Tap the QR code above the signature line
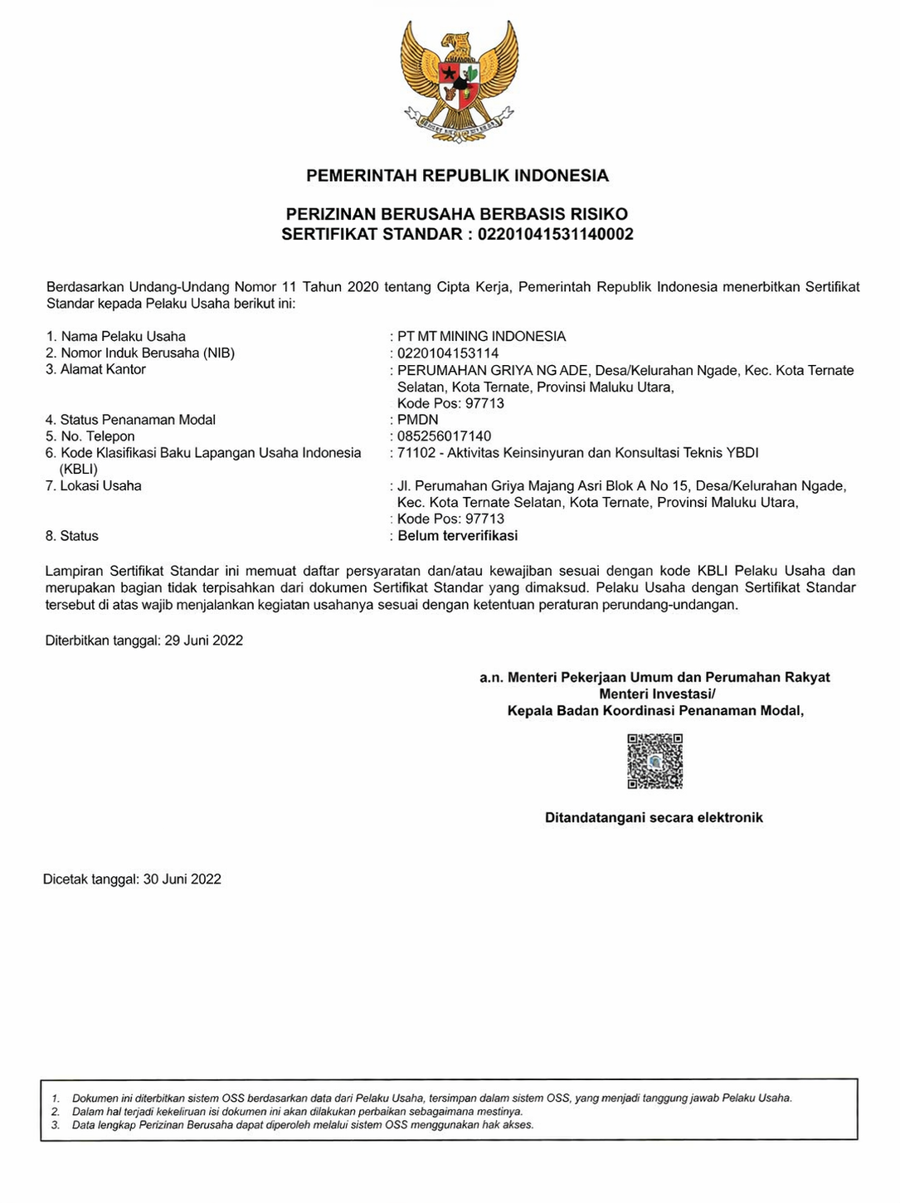point(654,761)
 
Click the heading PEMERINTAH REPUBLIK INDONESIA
point(457,176)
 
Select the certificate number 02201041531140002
point(555,234)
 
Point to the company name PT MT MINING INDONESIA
point(481,337)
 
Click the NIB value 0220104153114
point(448,353)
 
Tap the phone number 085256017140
point(444,436)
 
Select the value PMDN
point(417,420)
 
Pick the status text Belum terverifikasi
point(457,536)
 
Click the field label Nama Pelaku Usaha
point(123,337)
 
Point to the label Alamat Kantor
point(103,370)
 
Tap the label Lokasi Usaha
point(100,486)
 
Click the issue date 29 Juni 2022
point(203,640)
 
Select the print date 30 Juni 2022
point(182,879)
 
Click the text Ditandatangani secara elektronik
point(654,818)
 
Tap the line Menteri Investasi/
point(656,694)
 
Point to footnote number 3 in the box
point(56,1125)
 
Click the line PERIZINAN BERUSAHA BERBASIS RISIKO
point(457,215)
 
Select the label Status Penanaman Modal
point(138,420)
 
